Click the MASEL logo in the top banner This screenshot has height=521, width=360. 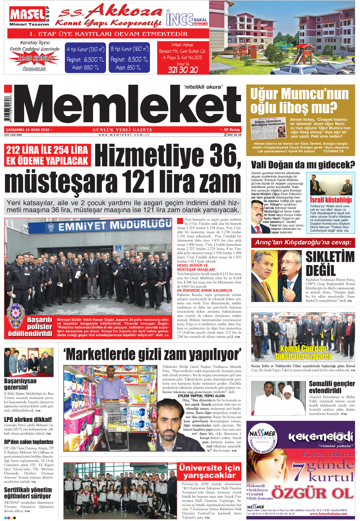click(27, 15)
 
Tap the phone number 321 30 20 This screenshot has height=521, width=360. click(183, 70)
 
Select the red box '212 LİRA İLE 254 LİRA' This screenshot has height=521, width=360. click(47, 156)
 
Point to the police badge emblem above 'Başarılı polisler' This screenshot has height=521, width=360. click(15, 316)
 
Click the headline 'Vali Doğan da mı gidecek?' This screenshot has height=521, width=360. click(302, 165)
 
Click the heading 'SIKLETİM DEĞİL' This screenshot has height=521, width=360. click(330, 264)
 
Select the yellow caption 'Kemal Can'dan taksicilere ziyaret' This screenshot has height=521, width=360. click(303, 352)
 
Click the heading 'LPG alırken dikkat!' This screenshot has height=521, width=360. click(28, 419)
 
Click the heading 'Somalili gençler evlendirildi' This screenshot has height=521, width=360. click(331, 387)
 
